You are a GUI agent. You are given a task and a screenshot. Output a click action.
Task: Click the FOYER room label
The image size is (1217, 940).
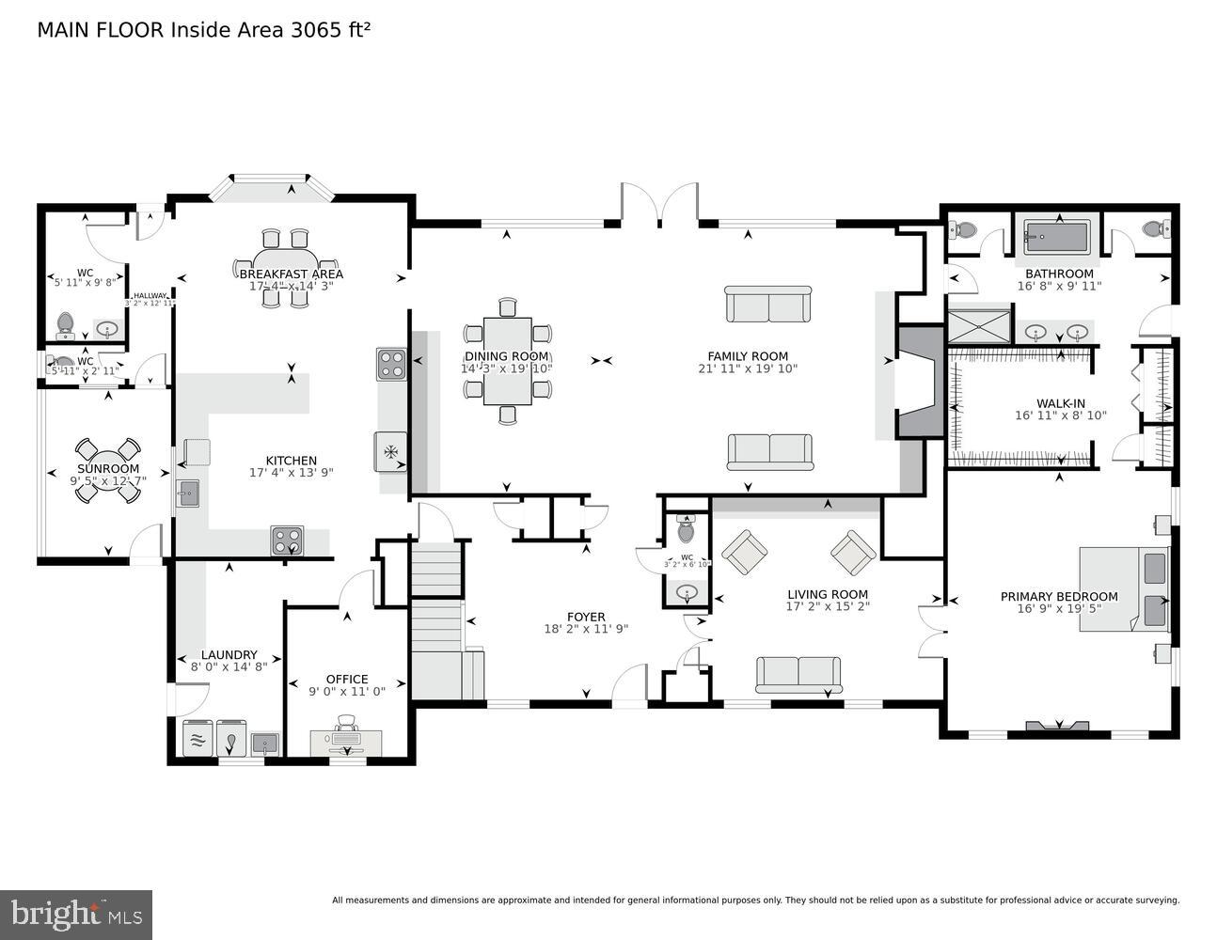585,618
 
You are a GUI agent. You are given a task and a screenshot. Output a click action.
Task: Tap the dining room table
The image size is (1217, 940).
507,360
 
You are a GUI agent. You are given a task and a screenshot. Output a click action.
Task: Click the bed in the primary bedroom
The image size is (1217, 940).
1124,588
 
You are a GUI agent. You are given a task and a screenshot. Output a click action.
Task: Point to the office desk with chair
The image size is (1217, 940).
346,739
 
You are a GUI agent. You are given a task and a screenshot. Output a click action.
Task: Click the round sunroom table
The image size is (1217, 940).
107,468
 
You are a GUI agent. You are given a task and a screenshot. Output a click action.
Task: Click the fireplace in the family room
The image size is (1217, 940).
918,382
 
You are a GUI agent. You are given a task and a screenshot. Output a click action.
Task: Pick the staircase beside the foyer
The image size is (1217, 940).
437,620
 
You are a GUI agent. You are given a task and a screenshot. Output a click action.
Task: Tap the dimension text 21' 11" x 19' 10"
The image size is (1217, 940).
748,368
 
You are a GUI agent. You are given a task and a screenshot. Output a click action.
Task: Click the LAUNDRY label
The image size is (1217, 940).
229,655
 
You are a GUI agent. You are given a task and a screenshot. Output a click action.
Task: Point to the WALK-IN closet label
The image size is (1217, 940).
1061,403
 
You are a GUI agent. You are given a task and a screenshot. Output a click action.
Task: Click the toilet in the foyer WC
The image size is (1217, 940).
686,531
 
